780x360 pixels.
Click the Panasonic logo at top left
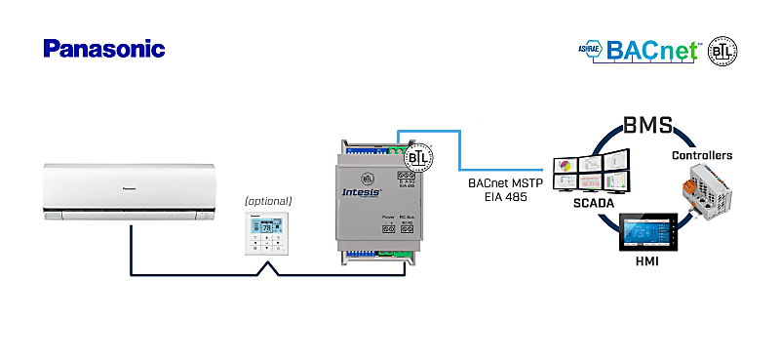104,49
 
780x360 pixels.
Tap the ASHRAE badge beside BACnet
590,50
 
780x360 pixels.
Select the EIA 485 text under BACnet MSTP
504,196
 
